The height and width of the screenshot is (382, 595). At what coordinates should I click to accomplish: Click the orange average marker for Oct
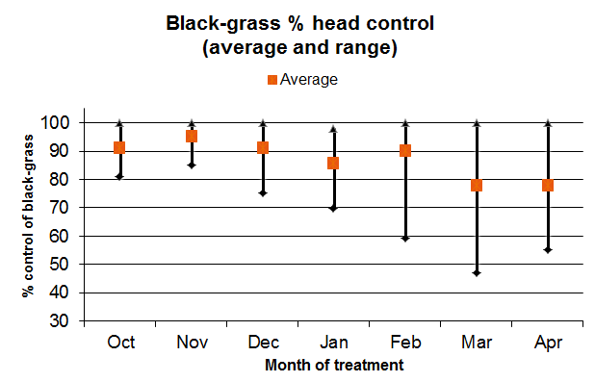tap(119, 147)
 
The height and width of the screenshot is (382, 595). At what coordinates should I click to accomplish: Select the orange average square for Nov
tap(192, 137)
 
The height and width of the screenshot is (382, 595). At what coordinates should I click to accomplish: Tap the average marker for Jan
tap(333, 164)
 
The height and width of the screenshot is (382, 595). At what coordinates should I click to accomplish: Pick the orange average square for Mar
tap(477, 186)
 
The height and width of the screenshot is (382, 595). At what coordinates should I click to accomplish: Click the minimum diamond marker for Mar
tap(477, 273)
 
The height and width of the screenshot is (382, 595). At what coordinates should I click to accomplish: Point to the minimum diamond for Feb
tap(405, 239)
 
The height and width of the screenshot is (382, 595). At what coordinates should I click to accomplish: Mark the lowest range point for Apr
tap(548, 250)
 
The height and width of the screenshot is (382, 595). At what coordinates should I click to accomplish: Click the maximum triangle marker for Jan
tap(333, 129)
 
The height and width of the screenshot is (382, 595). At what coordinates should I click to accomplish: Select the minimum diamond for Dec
tap(263, 193)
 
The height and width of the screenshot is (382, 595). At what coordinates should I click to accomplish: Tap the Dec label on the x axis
tap(264, 343)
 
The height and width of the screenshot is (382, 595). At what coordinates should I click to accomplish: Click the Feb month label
tap(405, 343)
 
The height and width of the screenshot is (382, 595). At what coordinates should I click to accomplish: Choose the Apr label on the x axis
tap(548, 343)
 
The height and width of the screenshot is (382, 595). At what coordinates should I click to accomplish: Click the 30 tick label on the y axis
tap(59, 321)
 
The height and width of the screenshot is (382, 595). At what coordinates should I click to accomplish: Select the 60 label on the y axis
tap(59, 236)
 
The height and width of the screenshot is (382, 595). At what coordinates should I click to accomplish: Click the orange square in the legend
tap(272, 80)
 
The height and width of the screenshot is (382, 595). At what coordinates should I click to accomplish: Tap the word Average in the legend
tap(309, 80)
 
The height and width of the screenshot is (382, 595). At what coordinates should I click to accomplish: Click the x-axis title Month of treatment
tap(334, 366)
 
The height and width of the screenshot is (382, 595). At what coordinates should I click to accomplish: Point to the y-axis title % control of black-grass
tap(28, 216)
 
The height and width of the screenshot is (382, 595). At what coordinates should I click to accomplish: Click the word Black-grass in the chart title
tap(223, 23)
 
